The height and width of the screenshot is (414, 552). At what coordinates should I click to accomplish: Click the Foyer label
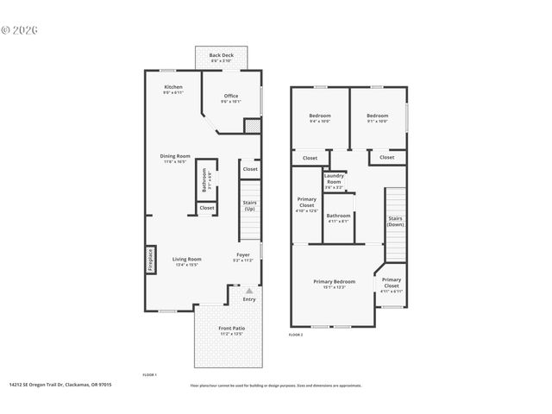pyautogui.click(x=243, y=256)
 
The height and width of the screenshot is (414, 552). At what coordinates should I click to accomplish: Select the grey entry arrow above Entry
pyautogui.click(x=248, y=292)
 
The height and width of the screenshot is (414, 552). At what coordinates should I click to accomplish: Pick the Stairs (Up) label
pyautogui.click(x=249, y=204)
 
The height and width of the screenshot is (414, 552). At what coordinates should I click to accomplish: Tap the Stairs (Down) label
pyautogui.click(x=395, y=221)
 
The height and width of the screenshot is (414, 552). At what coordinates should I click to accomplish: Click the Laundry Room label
pyautogui.click(x=333, y=179)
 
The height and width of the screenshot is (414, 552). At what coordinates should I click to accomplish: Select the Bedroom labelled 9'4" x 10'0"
pyautogui.click(x=319, y=117)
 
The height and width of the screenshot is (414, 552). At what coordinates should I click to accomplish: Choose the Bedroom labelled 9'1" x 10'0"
pyautogui.click(x=377, y=117)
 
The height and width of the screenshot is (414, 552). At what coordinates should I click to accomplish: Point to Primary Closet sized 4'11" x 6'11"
pyautogui.click(x=391, y=282)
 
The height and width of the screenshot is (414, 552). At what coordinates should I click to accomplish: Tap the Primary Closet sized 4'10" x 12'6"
pyautogui.click(x=307, y=204)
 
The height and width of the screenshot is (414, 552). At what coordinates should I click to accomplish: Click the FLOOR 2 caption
pyautogui.click(x=297, y=334)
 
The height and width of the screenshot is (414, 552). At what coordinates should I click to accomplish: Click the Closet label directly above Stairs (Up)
pyautogui.click(x=249, y=170)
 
